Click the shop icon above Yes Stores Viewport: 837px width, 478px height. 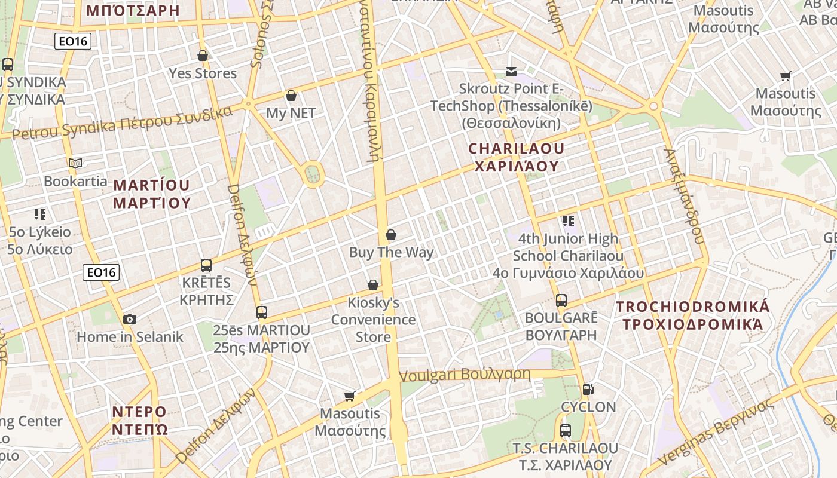(203, 56)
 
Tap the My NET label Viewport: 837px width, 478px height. (291, 113)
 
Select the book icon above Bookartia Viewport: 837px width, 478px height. (75, 163)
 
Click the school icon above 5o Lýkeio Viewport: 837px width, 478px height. (40, 214)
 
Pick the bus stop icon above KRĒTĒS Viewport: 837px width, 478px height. (206, 265)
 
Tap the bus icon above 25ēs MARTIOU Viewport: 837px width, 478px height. (262, 312)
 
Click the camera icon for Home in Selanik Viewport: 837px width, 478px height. (130, 319)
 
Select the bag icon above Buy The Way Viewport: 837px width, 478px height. (391, 235)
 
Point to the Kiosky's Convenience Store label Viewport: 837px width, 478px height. (374, 320)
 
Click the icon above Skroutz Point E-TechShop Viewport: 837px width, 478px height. (511, 72)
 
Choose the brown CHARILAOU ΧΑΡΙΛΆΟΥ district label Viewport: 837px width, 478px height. (516, 157)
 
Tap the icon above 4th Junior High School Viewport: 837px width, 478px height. (569, 221)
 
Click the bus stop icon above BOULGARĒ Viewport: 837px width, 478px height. (561, 300)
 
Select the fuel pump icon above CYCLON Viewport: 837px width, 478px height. (588, 390)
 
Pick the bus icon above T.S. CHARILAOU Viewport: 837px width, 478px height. (565, 430)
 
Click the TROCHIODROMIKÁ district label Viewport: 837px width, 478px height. (693, 315)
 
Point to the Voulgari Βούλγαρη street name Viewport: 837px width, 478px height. (465, 375)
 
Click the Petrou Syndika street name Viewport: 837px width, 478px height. (123, 122)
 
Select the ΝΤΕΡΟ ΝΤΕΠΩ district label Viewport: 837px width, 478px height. (139, 421)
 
